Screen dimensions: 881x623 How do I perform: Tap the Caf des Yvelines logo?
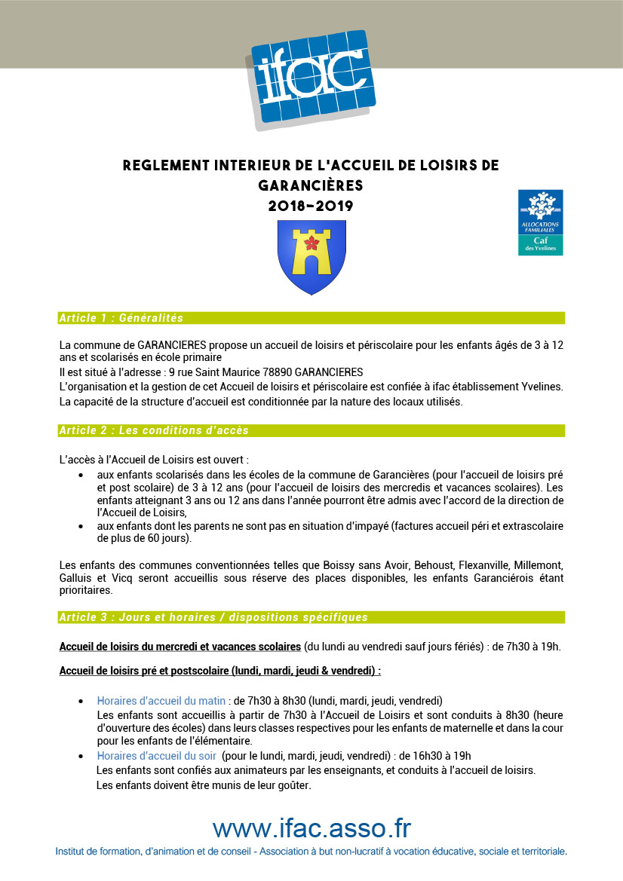tap(540, 222)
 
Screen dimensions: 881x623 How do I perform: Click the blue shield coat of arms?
tap(311, 257)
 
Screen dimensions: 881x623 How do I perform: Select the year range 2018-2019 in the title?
tap(311, 205)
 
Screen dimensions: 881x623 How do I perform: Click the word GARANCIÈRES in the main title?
tap(311, 185)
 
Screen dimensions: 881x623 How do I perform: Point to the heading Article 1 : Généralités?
tap(121, 318)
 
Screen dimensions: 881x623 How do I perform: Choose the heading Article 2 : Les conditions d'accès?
tap(154, 430)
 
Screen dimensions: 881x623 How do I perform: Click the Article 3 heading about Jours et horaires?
tap(213, 617)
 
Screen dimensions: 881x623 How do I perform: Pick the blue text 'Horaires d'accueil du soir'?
tap(157, 756)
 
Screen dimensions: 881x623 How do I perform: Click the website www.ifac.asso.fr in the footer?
tap(311, 828)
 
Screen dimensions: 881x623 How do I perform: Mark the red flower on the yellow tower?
tap(308, 241)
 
